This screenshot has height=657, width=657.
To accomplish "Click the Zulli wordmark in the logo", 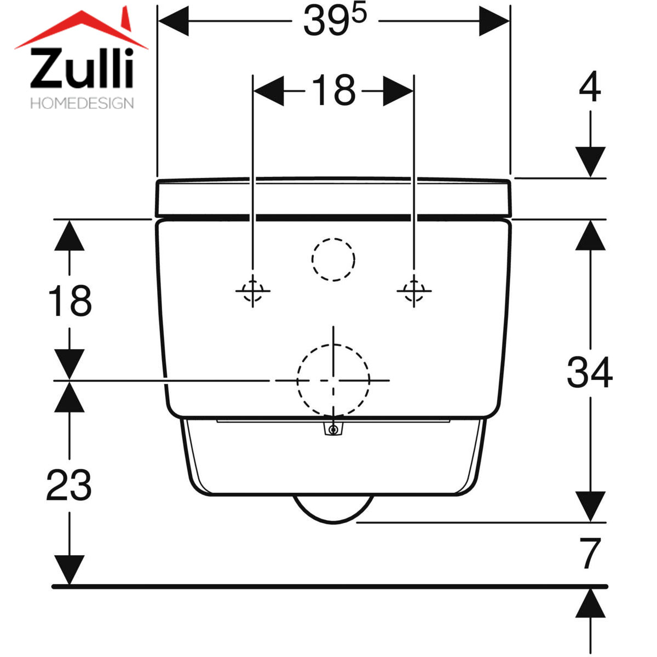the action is pos(82,68).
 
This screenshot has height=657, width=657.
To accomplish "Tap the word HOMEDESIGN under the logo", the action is pos(82,103).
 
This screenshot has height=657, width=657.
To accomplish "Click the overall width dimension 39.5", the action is pos(335,20).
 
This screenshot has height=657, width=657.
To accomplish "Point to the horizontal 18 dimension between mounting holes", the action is pos(333,90).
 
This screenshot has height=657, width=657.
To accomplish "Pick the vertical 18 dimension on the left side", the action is pos(70,301).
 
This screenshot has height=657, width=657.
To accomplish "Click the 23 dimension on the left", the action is pos(69,486).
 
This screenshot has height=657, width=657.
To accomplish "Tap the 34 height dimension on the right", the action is pos(590,372).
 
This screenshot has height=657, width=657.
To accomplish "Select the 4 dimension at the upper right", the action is pos(590,87).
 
